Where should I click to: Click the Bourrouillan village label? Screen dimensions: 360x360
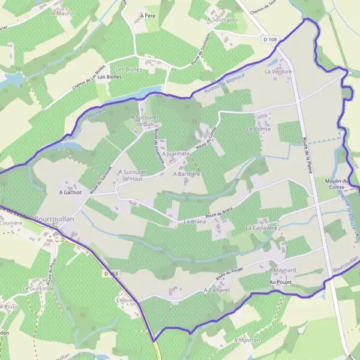54,220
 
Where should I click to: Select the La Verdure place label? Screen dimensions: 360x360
278,71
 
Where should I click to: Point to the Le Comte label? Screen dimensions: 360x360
259,129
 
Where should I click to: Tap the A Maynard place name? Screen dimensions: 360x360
283,271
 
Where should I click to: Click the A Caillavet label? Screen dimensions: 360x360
217,289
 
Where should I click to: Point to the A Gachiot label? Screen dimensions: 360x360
70,193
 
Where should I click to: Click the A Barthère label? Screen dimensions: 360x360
186,174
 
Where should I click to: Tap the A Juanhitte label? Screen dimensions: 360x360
176,154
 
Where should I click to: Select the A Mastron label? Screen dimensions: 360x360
247,340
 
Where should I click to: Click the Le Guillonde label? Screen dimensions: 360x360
38,289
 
